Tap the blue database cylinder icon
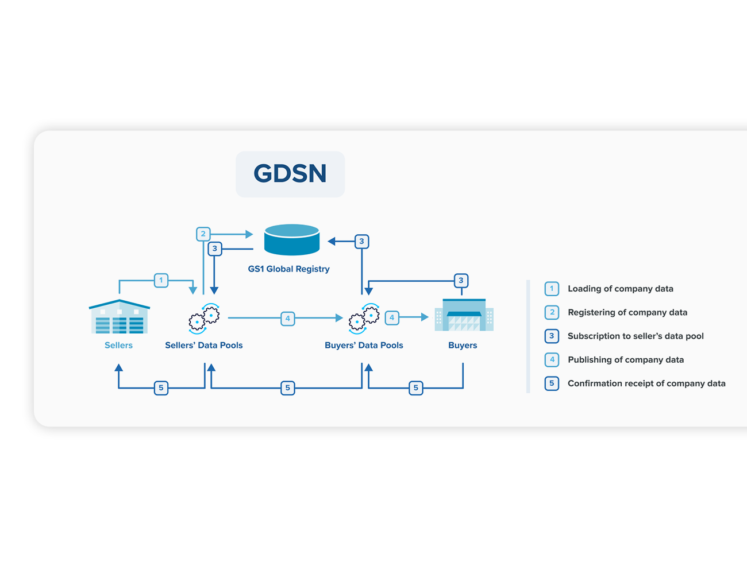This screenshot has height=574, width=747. click(292, 239)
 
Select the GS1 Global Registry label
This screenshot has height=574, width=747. click(289, 269)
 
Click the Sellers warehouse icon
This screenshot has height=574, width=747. click(120, 316)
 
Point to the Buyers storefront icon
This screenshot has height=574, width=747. click(464, 315)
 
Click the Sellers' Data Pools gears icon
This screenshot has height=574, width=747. click(204, 319)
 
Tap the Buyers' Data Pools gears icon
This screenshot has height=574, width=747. click(364, 319)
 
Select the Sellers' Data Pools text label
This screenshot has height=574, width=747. click(204, 345)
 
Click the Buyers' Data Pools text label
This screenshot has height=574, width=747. click(364, 345)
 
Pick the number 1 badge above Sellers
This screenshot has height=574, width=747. click(161, 280)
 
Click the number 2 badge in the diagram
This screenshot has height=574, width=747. click(203, 234)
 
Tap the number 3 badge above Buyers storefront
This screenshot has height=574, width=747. click(461, 281)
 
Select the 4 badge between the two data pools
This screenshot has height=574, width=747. click(288, 318)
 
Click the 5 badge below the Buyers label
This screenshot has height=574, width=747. click(416, 388)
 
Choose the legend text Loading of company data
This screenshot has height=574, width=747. click(621, 289)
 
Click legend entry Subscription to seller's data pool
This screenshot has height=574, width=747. click(636, 336)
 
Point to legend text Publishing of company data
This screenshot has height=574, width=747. click(626, 360)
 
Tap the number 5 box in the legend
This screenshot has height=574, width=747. click(552, 383)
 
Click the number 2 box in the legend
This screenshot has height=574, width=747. click(552, 312)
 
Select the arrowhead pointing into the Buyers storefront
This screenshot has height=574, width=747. click(425, 317)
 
